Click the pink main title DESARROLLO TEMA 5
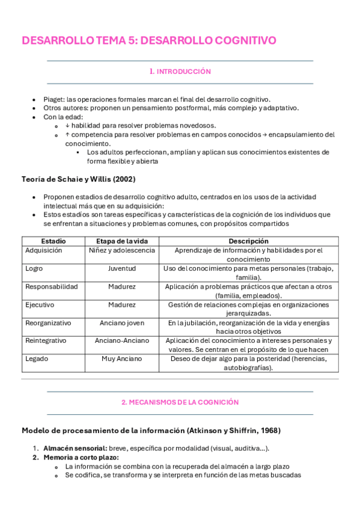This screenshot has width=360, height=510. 148,40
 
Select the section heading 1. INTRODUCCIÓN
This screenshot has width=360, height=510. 180,72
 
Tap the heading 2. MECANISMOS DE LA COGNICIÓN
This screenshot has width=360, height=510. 180,402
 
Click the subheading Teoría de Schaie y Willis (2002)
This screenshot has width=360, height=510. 78,179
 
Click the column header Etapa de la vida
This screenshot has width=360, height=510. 121,241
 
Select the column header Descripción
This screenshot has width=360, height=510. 248,241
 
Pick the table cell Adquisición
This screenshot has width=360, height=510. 44,251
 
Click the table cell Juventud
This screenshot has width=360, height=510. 121,269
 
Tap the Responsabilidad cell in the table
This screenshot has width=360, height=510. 51,287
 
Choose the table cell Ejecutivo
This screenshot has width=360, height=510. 40,305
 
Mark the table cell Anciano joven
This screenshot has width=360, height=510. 121,323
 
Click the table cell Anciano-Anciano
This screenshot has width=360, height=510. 121,340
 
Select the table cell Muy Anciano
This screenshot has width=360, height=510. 121,358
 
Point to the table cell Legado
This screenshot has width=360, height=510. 37,358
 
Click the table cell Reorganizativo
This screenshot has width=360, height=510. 48,323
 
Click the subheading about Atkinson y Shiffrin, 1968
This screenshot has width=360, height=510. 151,431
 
